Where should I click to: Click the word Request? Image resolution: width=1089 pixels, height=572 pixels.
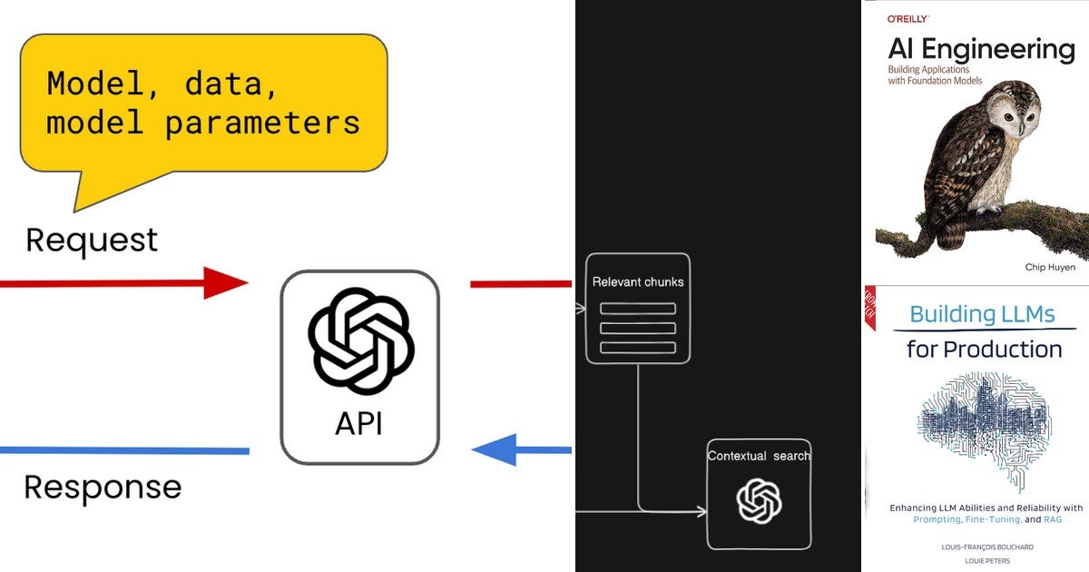(x=92, y=241)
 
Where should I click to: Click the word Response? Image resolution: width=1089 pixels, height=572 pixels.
(x=103, y=488)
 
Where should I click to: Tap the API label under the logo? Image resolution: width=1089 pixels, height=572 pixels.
(x=359, y=422)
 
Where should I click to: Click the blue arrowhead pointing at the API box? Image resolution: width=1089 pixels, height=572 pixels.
(x=495, y=449)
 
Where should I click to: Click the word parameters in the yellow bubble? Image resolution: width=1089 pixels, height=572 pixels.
(x=262, y=123)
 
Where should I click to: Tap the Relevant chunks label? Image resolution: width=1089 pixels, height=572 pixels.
(x=638, y=282)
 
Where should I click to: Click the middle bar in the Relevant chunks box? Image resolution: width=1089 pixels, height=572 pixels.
(x=638, y=328)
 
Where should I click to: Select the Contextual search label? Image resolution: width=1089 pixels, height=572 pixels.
(x=759, y=456)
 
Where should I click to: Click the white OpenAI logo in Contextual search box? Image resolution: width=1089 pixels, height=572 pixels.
(x=759, y=501)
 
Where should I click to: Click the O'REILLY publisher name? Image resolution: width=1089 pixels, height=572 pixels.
(x=907, y=17)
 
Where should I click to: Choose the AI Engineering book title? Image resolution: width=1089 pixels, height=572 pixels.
(x=980, y=49)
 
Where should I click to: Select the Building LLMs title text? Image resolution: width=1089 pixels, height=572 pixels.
(x=982, y=315)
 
